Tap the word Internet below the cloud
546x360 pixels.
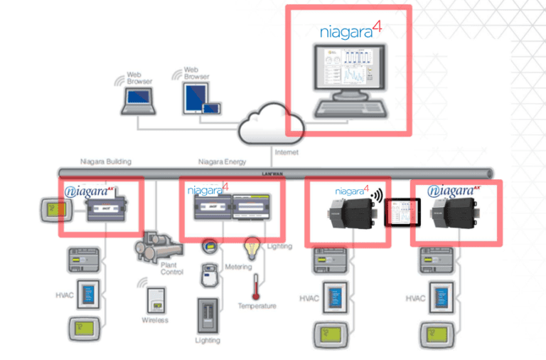[286, 152]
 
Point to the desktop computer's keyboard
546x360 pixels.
[349, 109]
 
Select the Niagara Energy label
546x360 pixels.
[221, 162]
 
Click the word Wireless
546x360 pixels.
[155, 320]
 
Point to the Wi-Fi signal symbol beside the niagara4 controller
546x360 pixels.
[378, 194]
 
